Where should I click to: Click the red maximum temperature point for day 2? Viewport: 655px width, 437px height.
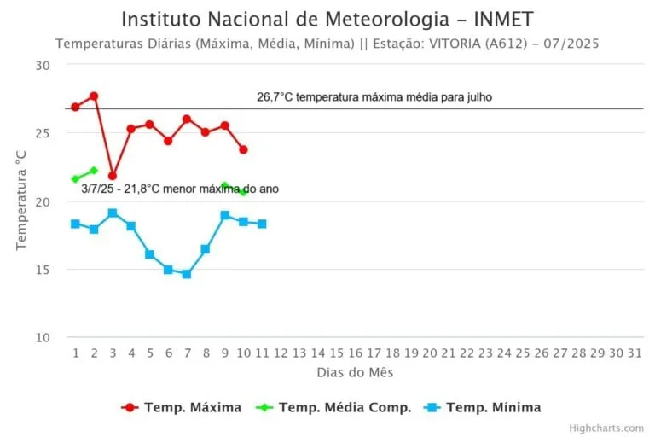pos(94,96)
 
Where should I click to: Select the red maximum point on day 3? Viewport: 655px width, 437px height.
pos(113,176)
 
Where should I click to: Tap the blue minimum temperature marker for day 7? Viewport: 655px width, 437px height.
pos(187,274)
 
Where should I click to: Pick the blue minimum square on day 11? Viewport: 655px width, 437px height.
pos(262,224)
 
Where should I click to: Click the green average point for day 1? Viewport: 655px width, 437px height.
pos(75,179)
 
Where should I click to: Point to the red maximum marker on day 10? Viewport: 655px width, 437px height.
pos(243,149)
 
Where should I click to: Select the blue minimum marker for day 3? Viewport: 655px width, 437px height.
pos(113,213)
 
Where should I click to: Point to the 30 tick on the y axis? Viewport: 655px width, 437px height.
pos(43,65)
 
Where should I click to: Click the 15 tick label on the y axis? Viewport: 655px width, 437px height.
pos(43,270)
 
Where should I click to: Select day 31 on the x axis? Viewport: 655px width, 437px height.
pos(633,353)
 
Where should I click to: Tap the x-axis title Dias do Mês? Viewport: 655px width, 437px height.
pos(355,373)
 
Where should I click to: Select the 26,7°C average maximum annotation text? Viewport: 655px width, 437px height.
pos(374,97)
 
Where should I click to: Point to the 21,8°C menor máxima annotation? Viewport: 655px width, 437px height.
pos(180,189)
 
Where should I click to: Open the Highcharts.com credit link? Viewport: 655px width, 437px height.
pos(607,428)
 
